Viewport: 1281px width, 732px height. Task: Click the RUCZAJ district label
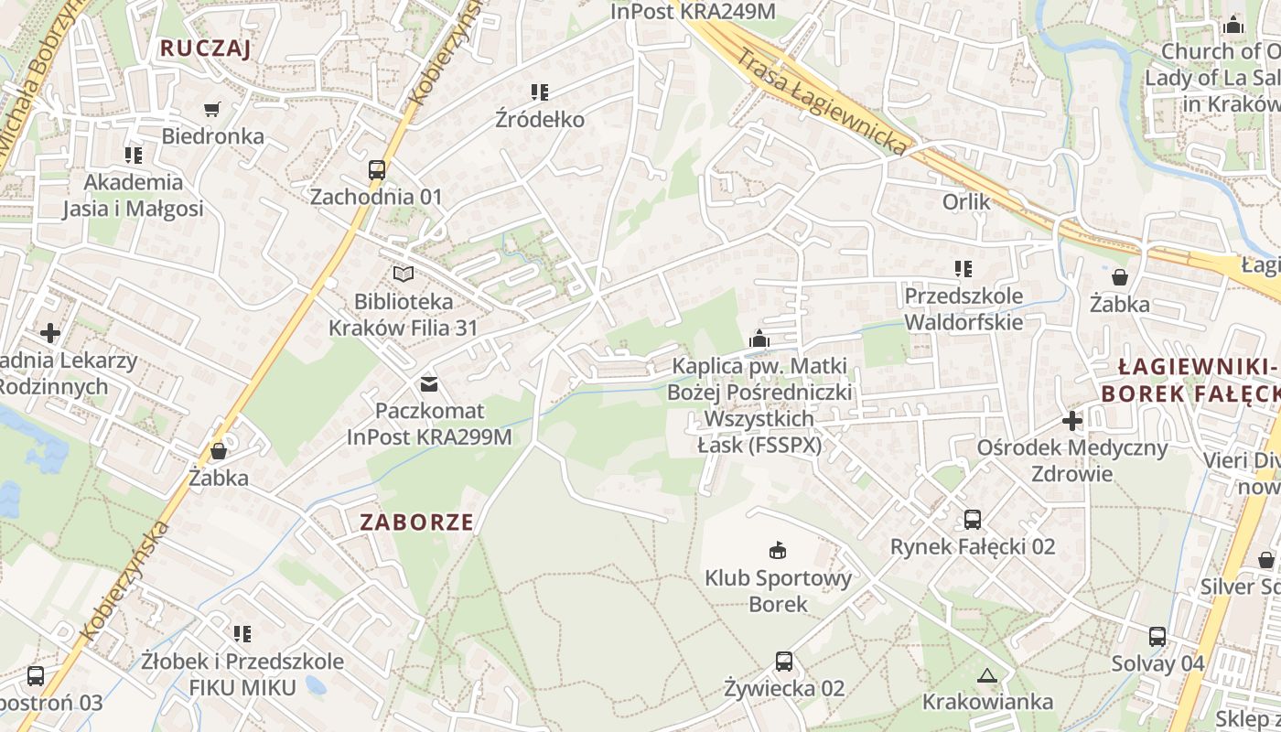coord(205,48)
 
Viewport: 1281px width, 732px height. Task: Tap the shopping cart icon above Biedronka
coord(212,110)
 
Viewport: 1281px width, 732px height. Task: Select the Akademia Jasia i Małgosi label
coord(133,195)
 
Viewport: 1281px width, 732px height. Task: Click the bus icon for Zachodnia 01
coord(376,169)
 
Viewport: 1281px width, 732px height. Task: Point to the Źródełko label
coord(540,119)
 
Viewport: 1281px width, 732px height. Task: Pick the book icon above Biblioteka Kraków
coord(403,274)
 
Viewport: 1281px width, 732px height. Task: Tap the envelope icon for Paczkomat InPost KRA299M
coord(428,383)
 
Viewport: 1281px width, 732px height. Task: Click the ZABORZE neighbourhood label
coord(417,522)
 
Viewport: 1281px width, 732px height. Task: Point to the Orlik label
coord(966,200)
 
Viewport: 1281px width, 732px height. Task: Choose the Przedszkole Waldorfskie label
coord(963,308)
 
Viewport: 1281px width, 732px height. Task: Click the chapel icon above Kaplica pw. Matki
coord(759,339)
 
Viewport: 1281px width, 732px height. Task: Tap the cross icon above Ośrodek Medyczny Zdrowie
coord(1072,421)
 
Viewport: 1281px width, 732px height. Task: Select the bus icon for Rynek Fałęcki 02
coord(973,520)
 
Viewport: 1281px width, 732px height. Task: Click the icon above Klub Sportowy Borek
coord(778,550)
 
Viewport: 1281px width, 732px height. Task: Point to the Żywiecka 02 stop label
coord(784,688)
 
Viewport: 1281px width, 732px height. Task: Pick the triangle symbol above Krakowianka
coord(986,676)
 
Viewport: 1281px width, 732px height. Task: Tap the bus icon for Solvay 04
coord(1157,637)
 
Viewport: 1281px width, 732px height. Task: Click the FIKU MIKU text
coord(242,687)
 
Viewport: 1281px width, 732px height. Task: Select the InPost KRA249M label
coord(693,11)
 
